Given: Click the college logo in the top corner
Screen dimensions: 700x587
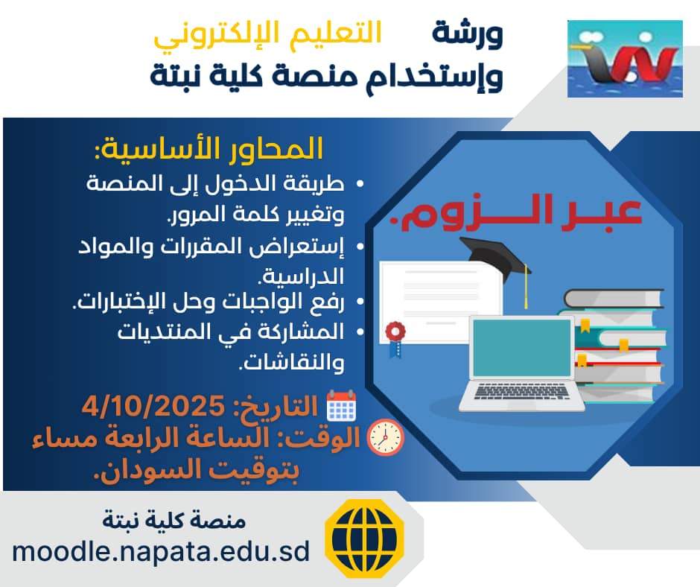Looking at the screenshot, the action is tap(625, 59).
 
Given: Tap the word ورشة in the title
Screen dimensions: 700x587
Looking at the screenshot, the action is tap(468, 34).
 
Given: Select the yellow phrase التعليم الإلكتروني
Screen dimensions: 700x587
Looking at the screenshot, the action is tap(267, 34).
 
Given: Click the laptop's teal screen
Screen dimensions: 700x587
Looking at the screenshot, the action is tap(522, 348).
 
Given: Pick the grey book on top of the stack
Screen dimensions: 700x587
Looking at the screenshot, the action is tap(614, 299).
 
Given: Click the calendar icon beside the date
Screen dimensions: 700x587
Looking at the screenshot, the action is tap(342, 406).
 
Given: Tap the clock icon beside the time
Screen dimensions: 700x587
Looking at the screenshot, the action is tap(385, 437).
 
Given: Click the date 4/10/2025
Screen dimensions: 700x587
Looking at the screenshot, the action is tap(153, 406).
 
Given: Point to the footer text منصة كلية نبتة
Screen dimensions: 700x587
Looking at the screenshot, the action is tap(174, 519).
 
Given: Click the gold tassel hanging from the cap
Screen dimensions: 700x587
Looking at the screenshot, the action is tap(526, 286).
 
